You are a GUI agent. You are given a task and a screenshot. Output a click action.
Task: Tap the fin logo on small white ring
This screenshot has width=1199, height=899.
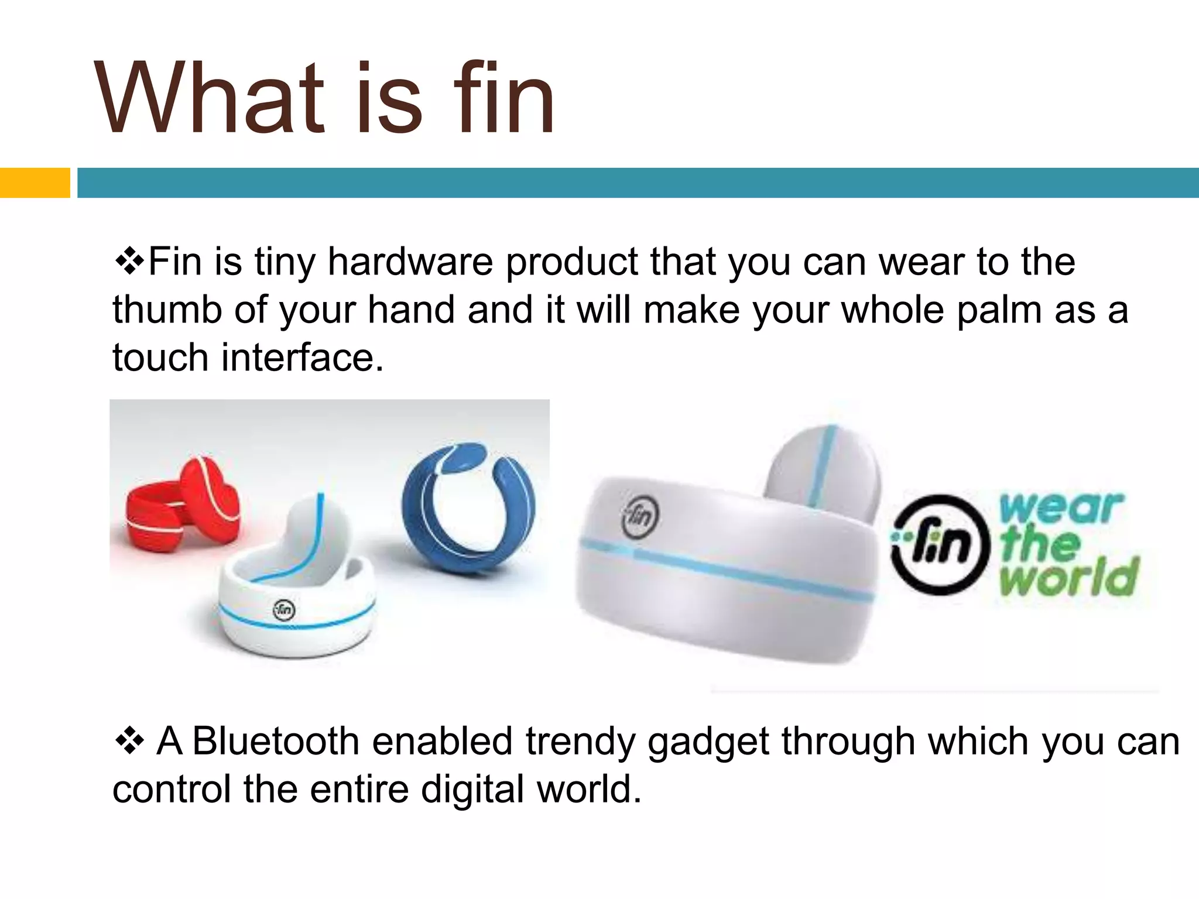coord(285,610)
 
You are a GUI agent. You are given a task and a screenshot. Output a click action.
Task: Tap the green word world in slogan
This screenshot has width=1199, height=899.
coord(1068,577)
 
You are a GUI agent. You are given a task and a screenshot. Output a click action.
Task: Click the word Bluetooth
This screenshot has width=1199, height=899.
coord(275,741)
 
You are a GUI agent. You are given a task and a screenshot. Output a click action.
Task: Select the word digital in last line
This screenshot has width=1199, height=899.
coord(472,789)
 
